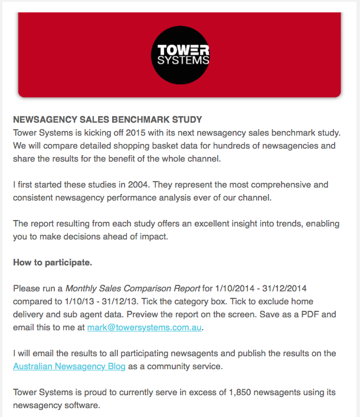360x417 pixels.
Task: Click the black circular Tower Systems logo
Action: (x=180, y=55)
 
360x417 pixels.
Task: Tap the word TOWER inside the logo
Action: (x=180, y=49)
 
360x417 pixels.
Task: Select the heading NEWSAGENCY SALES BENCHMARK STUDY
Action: (x=107, y=119)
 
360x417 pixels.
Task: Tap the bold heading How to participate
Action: (x=53, y=262)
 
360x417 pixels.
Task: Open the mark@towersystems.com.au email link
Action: (x=148, y=327)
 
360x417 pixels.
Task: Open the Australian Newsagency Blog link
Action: (x=69, y=366)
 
